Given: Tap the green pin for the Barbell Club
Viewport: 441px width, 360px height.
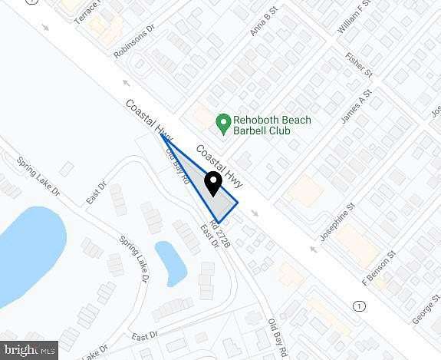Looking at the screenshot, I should pyautogui.click(x=223, y=121).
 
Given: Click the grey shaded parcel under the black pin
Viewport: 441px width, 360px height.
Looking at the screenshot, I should pyautogui.click(x=219, y=203).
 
